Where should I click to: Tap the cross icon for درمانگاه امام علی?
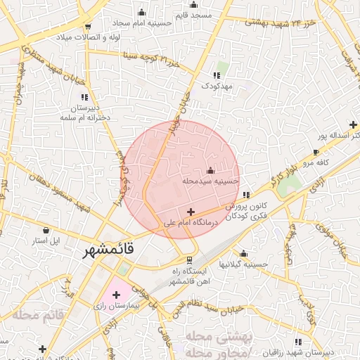click(191, 212)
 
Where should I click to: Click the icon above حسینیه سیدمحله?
click(211, 170)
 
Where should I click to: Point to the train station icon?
click(178, 259)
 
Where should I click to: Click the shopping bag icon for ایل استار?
click(46, 230)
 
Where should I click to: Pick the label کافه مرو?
click(316, 162)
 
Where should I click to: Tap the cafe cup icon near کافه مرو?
click(316, 152)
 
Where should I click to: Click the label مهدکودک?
click(217, 85)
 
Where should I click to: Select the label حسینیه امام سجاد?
click(141, 22)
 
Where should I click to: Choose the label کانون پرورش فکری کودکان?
click(245, 212)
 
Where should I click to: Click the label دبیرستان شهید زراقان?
click(319, 352)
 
